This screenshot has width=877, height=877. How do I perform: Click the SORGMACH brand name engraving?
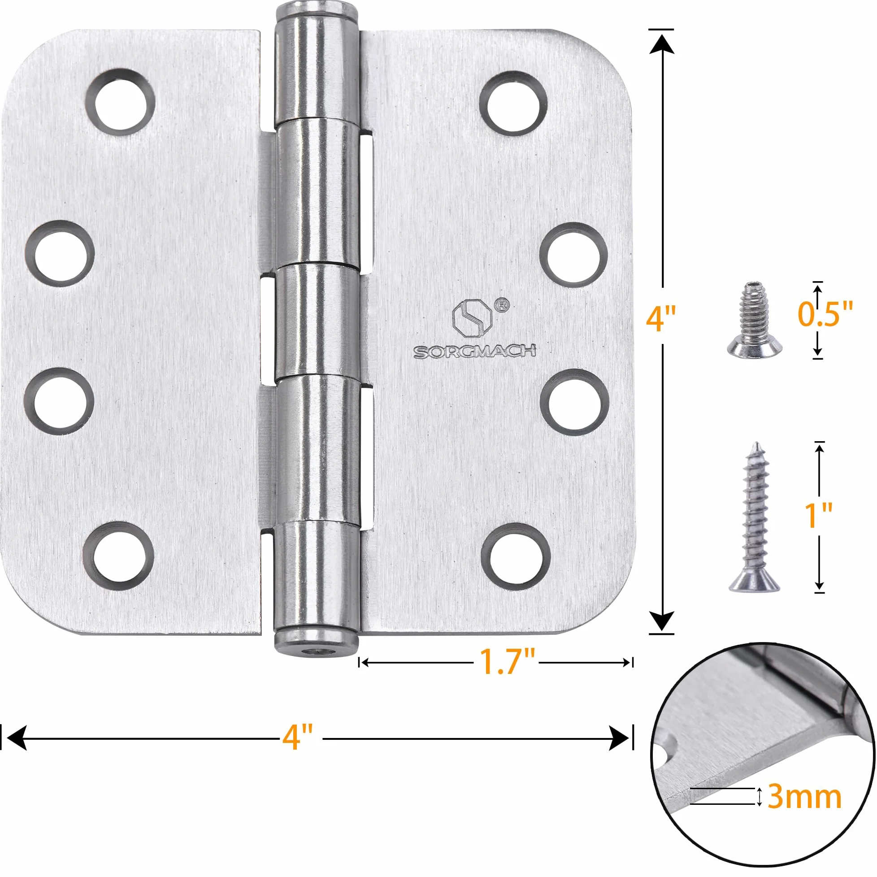click(474, 352)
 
